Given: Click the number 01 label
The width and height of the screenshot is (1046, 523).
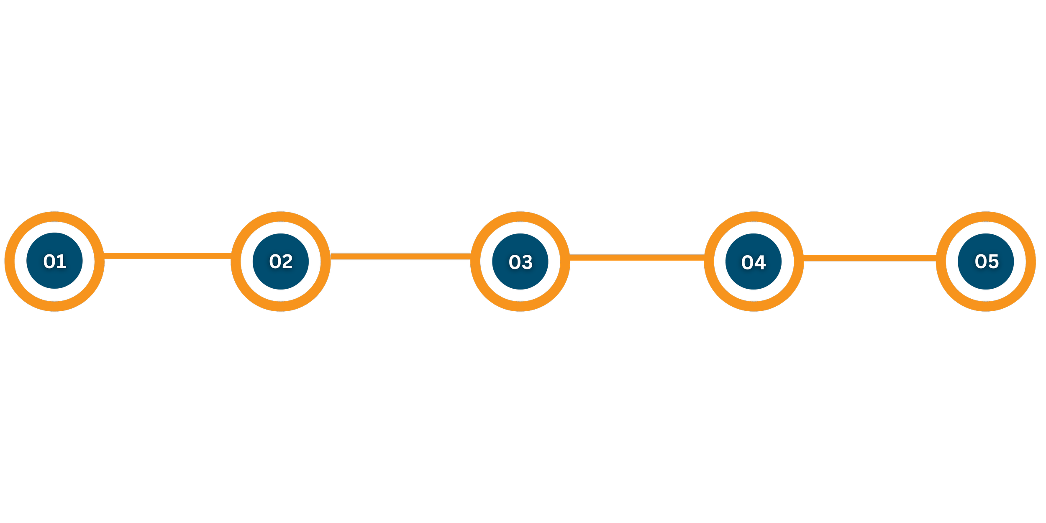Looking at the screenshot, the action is click(55, 261).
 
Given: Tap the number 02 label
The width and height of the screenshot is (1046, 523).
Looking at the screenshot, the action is click(281, 261).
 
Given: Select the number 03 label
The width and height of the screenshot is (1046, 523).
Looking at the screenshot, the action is click(520, 262).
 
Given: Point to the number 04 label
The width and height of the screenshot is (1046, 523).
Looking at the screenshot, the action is click(754, 262).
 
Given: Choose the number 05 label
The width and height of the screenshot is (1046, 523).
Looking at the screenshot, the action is click(987, 261).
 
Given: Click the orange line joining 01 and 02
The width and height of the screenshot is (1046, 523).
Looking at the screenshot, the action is click(167, 256).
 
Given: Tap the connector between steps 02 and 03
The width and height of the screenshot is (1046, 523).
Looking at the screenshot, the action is click(400, 256).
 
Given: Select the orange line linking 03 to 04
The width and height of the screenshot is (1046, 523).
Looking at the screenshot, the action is click(637, 258).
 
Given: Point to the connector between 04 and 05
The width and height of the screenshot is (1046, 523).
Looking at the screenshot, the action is click(869, 258).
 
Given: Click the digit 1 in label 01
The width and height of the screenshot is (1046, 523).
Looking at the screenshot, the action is click(62, 261).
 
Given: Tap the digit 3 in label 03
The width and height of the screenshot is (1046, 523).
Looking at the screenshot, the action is click(527, 262).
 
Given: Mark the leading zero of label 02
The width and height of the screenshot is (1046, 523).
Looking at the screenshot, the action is click(275, 261).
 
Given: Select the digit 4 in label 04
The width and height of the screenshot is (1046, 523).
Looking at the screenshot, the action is click(760, 262).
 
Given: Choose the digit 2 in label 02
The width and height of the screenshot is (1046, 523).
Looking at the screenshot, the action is click(287, 261).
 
